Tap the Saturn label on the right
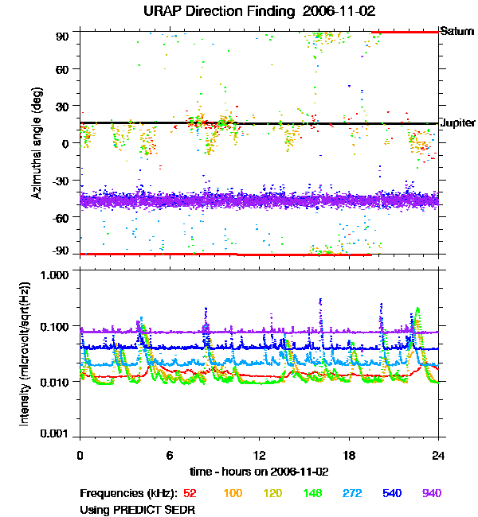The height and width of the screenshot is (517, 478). [457, 32]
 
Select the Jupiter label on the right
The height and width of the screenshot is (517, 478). [458, 123]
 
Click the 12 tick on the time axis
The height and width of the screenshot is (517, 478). [259, 455]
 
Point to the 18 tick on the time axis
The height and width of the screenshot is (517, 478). [349, 455]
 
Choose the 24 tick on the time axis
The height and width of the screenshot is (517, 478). [438, 455]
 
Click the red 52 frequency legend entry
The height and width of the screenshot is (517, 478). [190, 493]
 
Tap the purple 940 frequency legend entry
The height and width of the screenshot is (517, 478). [431, 493]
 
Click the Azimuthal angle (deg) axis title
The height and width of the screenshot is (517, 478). [36, 143]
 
